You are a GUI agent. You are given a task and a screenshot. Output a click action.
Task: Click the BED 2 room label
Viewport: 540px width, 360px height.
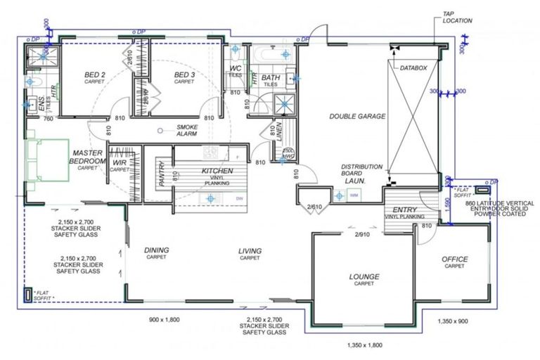pyautogui.click(x=95, y=75)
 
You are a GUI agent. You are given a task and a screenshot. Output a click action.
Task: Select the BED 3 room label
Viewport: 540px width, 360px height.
pyautogui.click(x=184, y=75)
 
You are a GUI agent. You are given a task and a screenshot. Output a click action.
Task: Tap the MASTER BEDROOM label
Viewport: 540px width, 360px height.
pyautogui.click(x=87, y=156)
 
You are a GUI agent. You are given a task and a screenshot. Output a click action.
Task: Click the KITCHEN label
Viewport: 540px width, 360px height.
pyautogui.click(x=217, y=172)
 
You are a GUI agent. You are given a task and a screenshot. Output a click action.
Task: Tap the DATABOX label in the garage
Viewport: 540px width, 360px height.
pyautogui.click(x=414, y=67)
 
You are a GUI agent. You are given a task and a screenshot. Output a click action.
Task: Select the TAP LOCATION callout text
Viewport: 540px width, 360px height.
pyautogui.click(x=458, y=17)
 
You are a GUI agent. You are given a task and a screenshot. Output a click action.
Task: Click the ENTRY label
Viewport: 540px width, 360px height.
pyautogui.click(x=404, y=210)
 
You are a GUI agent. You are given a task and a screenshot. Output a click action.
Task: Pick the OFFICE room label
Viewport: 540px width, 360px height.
pyautogui.click(x=454, y=259)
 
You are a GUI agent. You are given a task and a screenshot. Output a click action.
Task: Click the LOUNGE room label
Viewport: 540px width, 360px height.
pyautogui.click(x=364, y=276)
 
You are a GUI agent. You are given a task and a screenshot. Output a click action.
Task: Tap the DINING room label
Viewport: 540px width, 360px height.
pyautogui.click(x=157, y=250)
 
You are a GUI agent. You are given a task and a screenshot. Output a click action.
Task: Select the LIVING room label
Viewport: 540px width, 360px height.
pyautogui.click(x=250, y=250)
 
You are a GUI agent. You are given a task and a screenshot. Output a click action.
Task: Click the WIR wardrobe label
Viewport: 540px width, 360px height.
pyautogui.click(x=120, y=165)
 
